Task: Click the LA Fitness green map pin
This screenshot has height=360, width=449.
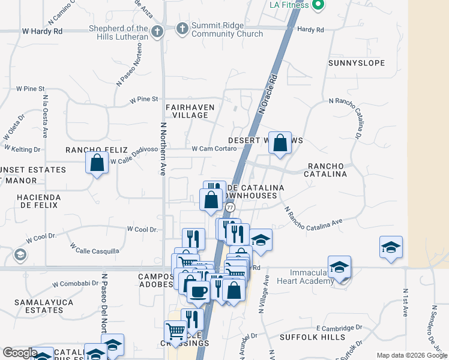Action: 319,5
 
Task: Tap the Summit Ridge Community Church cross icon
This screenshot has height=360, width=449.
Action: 182,28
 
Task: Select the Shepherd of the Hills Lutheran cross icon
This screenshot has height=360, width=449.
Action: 157,31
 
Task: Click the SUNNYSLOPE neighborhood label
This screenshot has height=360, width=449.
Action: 356,63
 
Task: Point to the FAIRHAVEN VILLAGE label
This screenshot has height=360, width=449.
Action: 190,110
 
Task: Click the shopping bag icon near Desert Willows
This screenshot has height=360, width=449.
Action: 280,143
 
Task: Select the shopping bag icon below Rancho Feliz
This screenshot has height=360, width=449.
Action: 97,163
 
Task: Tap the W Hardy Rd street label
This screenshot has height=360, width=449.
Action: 42,30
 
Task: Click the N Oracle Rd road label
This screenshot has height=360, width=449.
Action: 268,94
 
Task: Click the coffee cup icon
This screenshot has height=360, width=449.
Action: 197,292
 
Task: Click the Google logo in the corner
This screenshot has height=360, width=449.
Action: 20,353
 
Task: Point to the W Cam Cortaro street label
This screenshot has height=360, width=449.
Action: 214,149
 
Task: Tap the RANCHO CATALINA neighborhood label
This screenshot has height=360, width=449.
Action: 327,170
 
